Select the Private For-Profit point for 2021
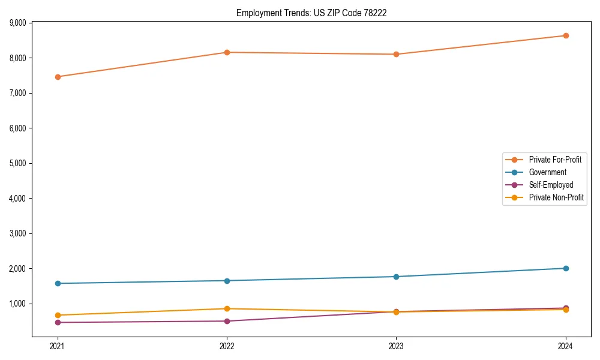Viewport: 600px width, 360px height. coord(58,77)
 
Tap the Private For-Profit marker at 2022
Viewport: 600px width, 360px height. coord(227,52)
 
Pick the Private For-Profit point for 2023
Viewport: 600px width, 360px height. coord(396,54)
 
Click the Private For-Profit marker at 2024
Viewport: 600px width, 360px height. coord(565,35)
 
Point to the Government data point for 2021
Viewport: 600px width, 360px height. coord(58,283)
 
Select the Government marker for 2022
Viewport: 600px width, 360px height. coord(227,281)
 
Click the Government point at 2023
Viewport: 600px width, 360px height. coord(396,277)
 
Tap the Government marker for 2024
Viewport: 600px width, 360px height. coord(565,268)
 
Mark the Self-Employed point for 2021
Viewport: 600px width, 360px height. coord(58,322)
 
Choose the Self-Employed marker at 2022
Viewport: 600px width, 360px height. coord(227,321)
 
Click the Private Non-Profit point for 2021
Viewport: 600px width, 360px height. coord(58,315)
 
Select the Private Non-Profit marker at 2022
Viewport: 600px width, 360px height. coord(227,308)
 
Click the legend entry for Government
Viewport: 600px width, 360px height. coord(547,172)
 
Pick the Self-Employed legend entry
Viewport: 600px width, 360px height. coord(551,185)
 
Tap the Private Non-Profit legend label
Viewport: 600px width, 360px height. coord(556,197)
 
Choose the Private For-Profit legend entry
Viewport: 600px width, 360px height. coord(555,160)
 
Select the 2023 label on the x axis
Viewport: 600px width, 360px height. coord(396,346)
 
